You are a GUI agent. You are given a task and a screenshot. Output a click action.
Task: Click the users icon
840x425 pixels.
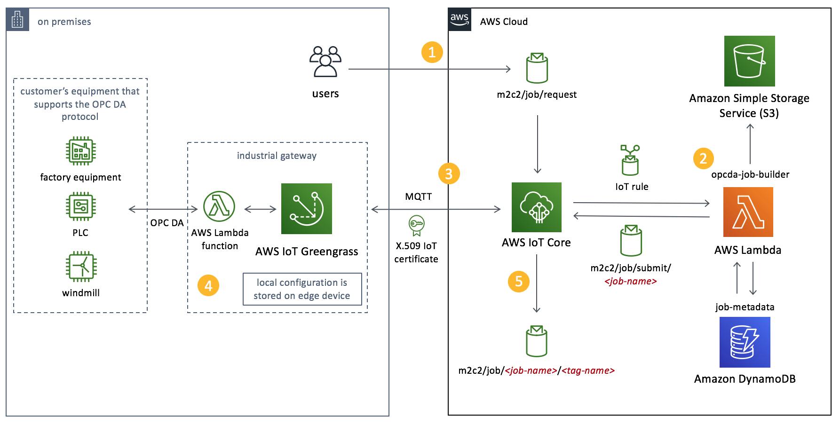325,62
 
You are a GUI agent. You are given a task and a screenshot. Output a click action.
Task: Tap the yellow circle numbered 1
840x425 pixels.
432,52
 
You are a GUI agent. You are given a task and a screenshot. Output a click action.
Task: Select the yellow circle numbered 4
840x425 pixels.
208,285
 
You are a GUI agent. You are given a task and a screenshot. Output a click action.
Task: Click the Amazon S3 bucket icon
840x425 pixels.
749,61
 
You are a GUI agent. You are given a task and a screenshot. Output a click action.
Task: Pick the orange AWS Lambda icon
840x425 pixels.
748,212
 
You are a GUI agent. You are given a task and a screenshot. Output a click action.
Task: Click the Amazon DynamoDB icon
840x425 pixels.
745,342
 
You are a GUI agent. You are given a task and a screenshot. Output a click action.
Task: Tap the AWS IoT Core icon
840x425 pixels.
536,207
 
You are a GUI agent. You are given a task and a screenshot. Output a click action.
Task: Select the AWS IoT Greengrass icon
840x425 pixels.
307,209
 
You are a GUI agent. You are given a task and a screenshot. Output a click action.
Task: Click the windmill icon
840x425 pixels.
81,267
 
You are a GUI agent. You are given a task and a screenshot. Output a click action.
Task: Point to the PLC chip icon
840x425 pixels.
81,206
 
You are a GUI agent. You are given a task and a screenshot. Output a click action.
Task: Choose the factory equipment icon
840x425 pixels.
81,151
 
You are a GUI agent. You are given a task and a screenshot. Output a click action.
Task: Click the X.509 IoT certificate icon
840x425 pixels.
416,226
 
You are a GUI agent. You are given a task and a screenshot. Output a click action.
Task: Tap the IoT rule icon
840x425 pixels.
630,160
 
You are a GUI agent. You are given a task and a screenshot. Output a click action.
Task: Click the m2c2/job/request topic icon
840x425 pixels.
537,68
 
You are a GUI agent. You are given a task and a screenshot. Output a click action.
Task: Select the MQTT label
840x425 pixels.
418,197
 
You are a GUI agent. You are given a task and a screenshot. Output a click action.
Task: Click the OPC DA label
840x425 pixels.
167,223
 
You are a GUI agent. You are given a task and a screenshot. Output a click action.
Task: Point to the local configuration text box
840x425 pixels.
302,289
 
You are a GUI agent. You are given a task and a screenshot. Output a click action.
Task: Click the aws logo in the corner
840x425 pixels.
460,20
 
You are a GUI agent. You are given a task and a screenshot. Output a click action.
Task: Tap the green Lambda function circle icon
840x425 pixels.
219,206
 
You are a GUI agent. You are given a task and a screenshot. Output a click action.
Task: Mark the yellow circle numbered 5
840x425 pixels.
519,282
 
